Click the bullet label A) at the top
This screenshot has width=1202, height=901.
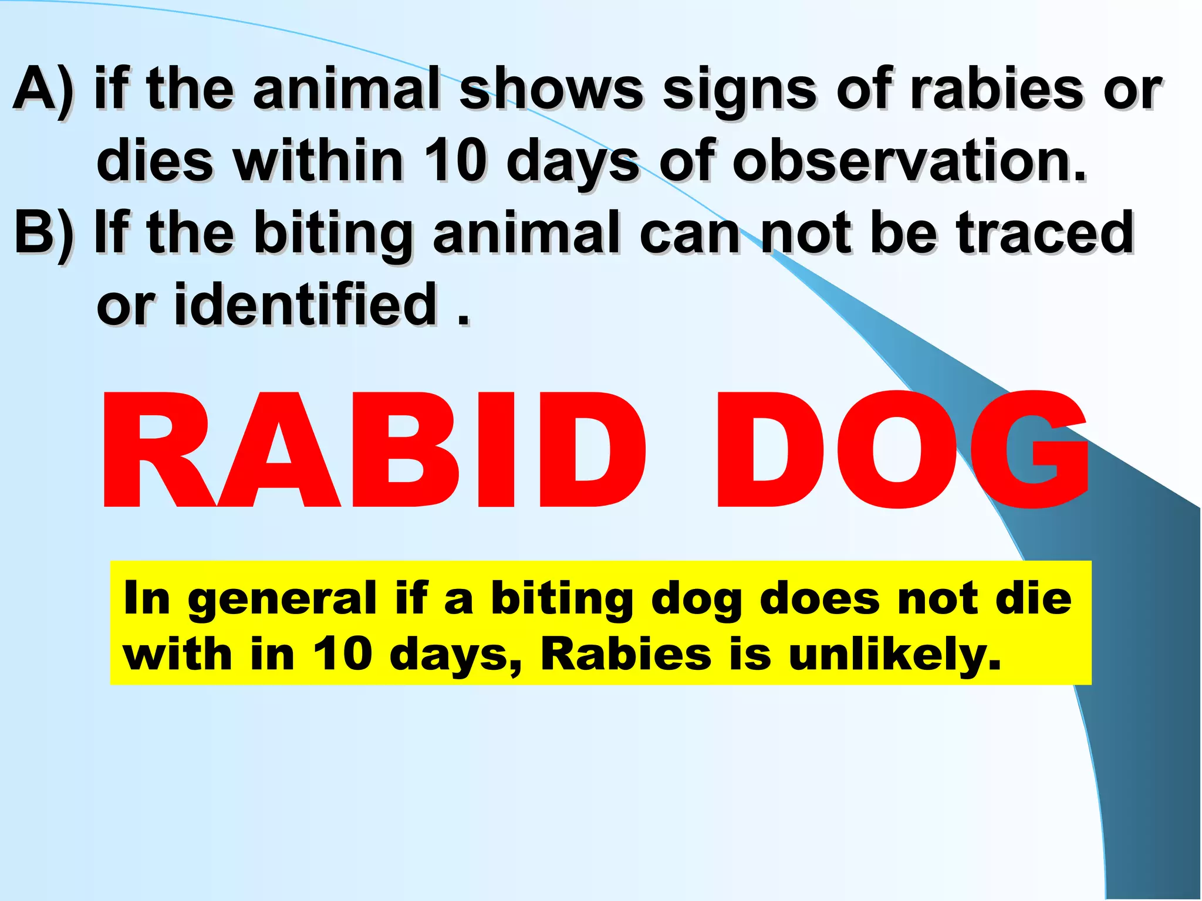44,91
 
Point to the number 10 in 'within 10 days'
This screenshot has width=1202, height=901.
455,161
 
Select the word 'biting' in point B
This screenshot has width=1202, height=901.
335,235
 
